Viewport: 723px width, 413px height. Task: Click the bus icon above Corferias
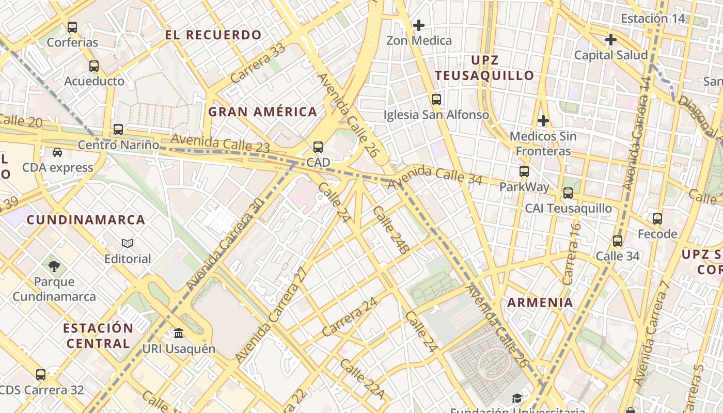tap(72, 27)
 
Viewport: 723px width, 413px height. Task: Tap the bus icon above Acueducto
tap(94, 66)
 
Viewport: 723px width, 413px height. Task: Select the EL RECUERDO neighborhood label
tap(213, 35)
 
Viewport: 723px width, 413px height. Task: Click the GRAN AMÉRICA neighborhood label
tap(262, 112)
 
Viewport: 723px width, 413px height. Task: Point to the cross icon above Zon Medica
tap(419, 25)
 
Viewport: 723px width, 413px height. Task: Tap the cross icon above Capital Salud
tap(611, 40)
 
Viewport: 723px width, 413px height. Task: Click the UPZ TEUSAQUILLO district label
tap(484, 68)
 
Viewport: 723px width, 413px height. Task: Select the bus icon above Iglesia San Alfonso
tap(436, 99)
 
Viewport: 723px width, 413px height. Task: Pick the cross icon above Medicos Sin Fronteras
tap(543, 121)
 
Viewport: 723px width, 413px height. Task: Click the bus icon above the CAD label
tap(318, 147)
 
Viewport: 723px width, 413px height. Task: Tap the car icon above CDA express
tap(57, 152)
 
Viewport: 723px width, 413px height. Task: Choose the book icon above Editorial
tap(128, 243)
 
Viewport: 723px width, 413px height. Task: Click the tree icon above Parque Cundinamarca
tap(54, 266)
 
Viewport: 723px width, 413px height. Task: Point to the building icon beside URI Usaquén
tap(179, 333)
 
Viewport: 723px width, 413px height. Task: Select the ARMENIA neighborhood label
tap(540, 303)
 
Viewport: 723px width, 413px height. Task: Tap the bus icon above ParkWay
tap(524, 171)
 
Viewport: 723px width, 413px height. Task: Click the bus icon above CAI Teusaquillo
tap(568, 193)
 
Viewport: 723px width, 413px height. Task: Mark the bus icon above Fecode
tap(657, 218)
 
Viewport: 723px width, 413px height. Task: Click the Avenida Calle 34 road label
tap(435, 176)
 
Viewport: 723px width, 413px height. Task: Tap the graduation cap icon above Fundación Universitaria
tap(517, 398)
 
